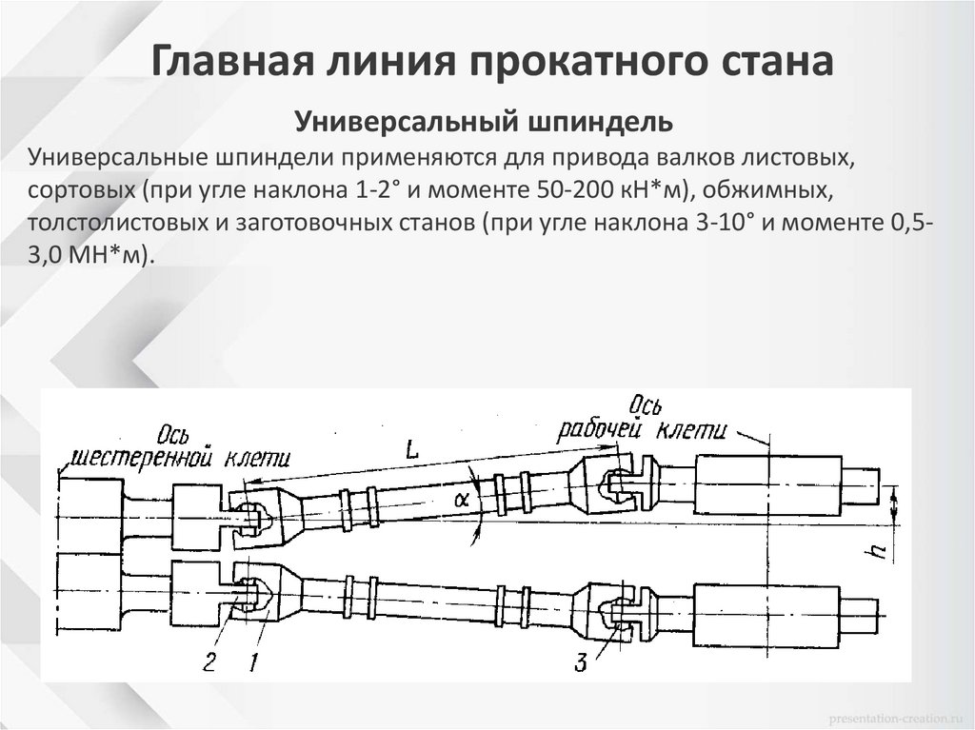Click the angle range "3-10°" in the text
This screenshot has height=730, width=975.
[x=721, y=224]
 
